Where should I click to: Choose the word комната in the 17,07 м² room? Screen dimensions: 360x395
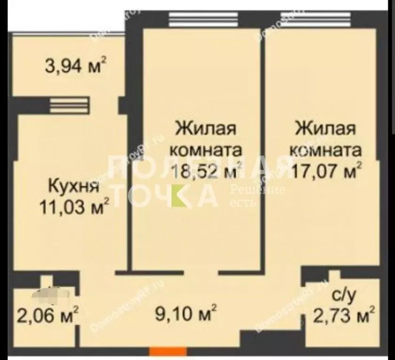tap(326, 151)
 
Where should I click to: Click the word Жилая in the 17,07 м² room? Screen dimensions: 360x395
tap(326, 128)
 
